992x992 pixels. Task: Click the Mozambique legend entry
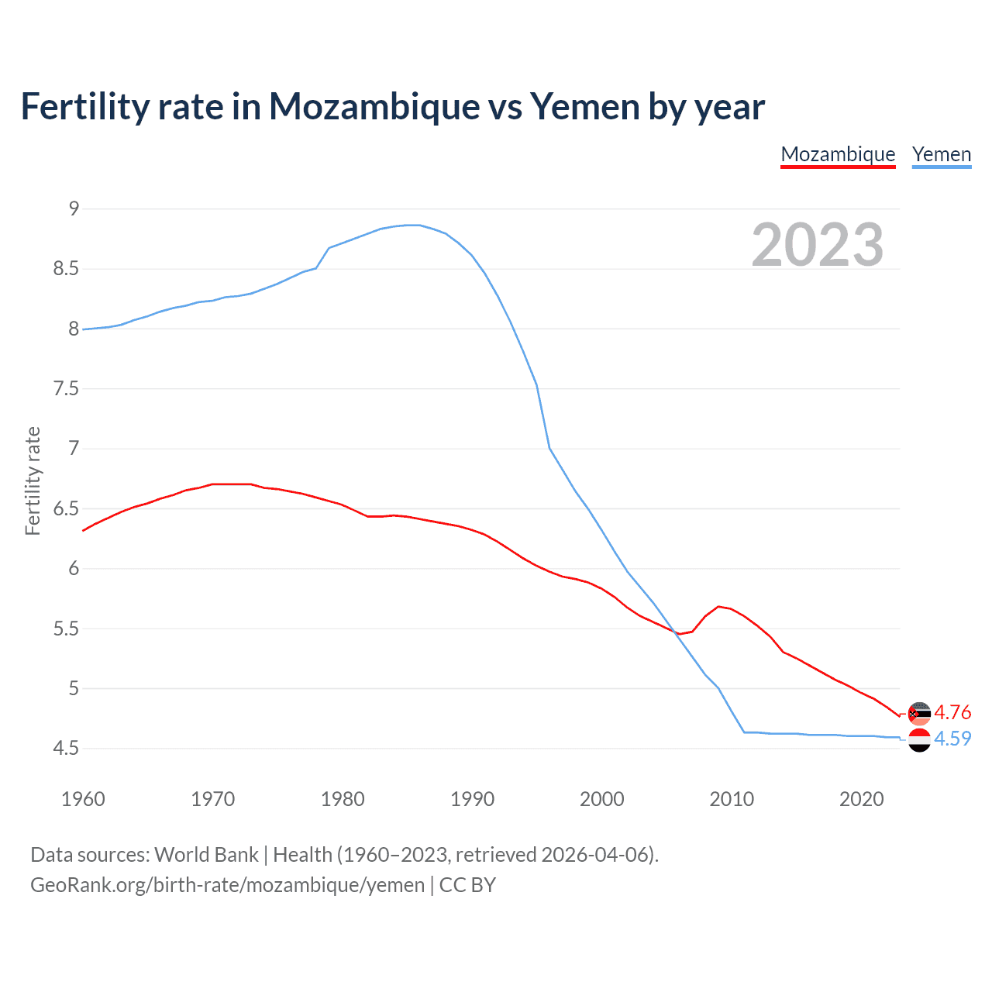point(838,154)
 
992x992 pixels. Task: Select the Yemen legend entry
point(942,154)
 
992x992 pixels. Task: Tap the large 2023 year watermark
point(817,245)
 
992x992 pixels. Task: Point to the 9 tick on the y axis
point(74,208)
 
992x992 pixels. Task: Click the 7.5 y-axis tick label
point(66,388)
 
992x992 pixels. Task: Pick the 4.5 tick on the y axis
point(66,748)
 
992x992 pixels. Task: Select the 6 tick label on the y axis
point(74,568)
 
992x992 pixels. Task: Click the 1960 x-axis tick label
point(83,799)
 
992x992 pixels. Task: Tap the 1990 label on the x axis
point(472,799)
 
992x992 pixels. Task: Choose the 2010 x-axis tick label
point(732,799)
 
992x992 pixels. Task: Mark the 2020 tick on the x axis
point(861,799)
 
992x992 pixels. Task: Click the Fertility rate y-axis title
point(33,480)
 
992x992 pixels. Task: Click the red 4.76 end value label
point(952,712)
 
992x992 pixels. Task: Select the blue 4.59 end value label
point(952,739)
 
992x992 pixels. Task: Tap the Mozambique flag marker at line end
point(919,714)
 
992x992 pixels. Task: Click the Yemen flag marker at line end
point(919,740)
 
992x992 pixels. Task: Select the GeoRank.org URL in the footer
point(227,885)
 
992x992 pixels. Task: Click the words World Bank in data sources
point(206,855)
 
